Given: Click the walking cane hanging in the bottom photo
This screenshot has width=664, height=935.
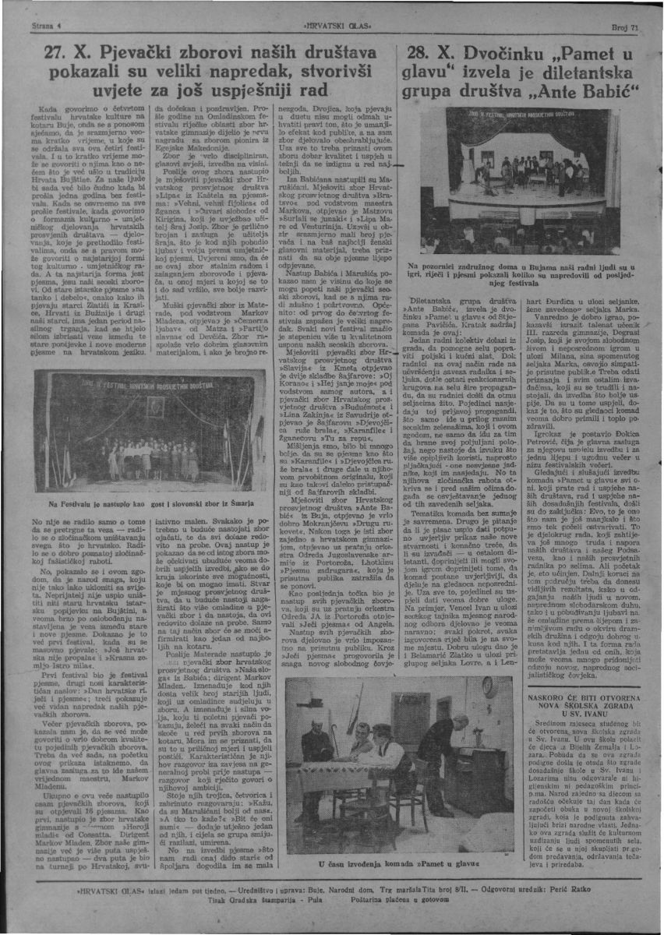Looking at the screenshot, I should click(x=334, y=740).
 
